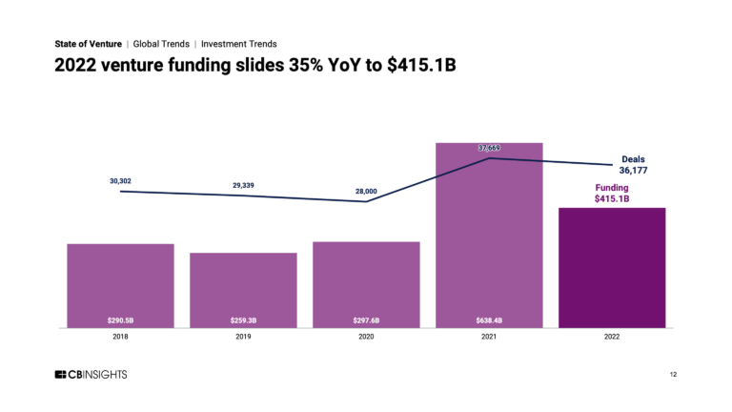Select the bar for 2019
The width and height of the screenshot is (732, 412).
[243, 290]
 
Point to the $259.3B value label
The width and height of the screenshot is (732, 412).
[243, 319]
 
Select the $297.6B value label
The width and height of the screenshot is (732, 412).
[366, 319]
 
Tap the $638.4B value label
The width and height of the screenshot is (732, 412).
[489, 319]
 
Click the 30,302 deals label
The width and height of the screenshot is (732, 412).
[121, 180]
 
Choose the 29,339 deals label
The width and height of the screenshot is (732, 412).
[243, 185]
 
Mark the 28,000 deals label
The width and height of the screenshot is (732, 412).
[366, 192]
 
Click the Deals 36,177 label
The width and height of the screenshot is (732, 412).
[633, 165]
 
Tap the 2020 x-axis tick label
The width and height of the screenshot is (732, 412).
[366, 337]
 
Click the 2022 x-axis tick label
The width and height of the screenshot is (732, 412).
[611, 337]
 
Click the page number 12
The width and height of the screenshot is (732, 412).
[673, 375]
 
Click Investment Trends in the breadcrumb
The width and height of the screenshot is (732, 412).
[239, 44]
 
